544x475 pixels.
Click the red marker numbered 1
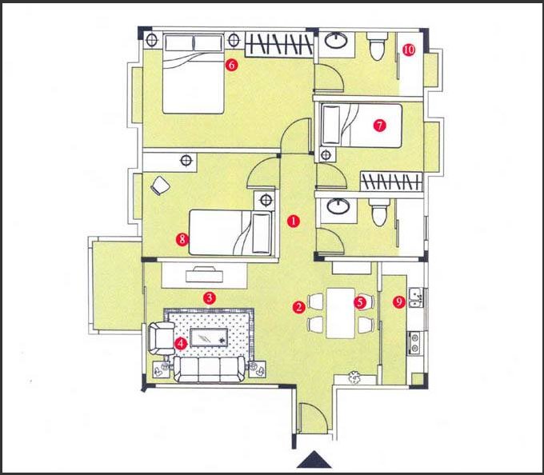(x=294, y=221)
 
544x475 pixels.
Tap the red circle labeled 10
(x=409, y=50)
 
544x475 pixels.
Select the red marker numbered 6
(x=231, y=65)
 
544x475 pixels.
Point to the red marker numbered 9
(x=399, y=302)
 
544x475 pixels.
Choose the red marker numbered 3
(x=210, y=297)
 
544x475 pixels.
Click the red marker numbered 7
(x=379, y=126)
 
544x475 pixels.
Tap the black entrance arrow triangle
(x=314, y=459)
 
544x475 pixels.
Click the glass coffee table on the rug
(x=209, y=337)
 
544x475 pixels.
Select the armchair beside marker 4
(x=162, y=339)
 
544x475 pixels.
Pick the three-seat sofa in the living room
(x=210, y=369)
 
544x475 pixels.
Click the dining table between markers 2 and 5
(x=340, y=313)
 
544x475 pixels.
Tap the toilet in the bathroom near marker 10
(x=377, y=46)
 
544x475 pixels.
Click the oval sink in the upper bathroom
(x=336, y=40)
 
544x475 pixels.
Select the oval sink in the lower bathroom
(x=338, y=206)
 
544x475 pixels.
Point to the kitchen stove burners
(x=414, y=342)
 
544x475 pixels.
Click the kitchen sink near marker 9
(x=416, y=297)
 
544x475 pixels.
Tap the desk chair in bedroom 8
(x=160, y=186)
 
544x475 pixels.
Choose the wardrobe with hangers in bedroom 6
(x=279, y=44)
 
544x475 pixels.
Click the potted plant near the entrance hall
(x=354, y=377)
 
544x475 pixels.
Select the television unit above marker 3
(x=204, y=275)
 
